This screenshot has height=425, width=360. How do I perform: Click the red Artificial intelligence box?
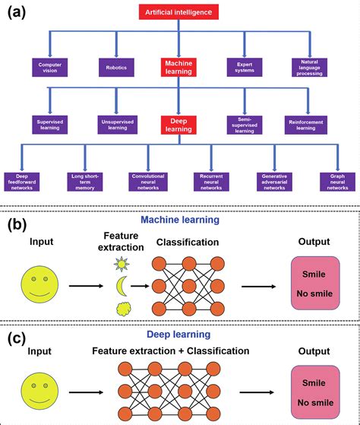(x=179, y=11)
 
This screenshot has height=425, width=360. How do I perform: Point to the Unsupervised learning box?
(x=116, y=124)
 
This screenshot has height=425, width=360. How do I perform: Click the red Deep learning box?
(x=179, y=124)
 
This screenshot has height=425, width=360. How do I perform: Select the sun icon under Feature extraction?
(x=122, y=264)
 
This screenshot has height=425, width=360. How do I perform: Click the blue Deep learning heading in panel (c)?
(x=179, y=334)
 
